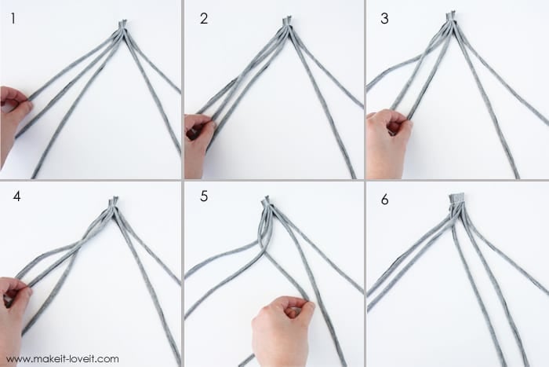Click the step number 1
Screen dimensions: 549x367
tap(13, 19)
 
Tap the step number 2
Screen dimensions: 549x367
tap(204, 19)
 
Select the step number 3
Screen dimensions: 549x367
tap(384, 19)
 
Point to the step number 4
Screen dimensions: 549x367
tap(16, 196)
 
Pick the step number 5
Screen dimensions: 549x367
tap(204, 196)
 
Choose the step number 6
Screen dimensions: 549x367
tap(384, 200)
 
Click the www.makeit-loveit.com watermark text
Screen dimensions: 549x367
tap(62, 359)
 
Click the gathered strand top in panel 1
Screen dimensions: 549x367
tap(122, 25)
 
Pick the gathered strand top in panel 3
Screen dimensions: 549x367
tap(451, 17)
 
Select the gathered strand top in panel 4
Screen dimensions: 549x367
tap(114, 203)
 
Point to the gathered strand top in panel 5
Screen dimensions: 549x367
tap(266, 202)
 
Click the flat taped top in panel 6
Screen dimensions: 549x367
tap(457, 198)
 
